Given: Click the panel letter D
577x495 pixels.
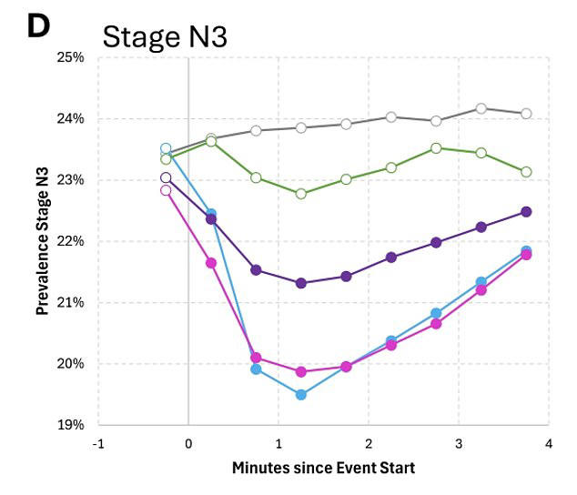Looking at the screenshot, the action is point(38,26).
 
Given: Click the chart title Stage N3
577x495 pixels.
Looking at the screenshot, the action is point(165,36).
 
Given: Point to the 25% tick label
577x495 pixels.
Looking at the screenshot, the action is point(70,58).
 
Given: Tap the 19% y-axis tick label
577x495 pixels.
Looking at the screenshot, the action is point(70,425).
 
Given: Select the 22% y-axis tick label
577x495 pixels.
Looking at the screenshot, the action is point(70,241).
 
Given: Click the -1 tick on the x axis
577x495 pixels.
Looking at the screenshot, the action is point(98,444).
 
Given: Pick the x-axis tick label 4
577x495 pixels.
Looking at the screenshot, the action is point(549,444).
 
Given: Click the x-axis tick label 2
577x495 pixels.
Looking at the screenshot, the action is point(369,444).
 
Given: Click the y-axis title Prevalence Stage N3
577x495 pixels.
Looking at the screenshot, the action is point(43,241).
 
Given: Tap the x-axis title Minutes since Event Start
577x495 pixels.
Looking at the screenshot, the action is point(323,468).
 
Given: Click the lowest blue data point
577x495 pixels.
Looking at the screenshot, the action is point(301,395).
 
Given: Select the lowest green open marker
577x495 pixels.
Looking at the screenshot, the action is point(301,194).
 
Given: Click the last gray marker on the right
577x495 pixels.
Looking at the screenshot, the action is point(526,114).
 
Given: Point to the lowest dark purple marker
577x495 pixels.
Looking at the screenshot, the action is point(301,283).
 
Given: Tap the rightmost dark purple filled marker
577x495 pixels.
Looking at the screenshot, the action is point(526,212).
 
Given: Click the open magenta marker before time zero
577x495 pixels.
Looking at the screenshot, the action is point(166,190).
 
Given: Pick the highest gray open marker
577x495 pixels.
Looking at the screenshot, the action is point(481,108).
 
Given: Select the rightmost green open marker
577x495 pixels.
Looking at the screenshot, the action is point(526,172).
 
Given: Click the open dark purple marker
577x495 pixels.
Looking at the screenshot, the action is point(166,177).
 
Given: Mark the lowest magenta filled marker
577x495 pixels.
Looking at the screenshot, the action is point(301,372).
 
